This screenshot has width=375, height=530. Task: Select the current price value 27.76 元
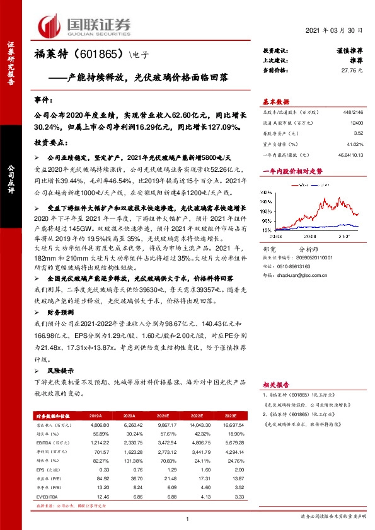click(x=352, y=72)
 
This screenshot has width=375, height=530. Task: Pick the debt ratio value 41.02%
click(x=355, y=144)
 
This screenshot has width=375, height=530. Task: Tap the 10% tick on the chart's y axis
click(x=267, y=230)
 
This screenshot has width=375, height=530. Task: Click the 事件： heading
click(x=44, y=100)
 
